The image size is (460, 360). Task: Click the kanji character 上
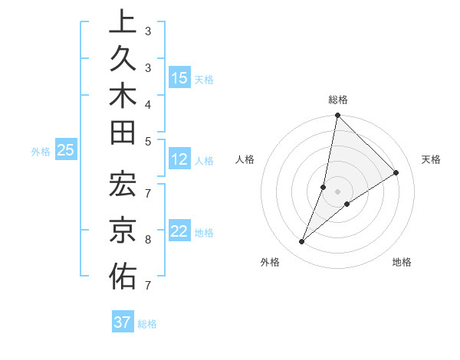[123, 21]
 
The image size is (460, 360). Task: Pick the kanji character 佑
[123, 277]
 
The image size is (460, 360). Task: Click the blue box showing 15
[179, 77]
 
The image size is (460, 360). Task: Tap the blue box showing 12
[179, 159]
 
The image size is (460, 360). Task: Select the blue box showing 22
[179, 232]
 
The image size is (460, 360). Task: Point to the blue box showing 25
[66, 151]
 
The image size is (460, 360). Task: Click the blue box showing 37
[123, 322]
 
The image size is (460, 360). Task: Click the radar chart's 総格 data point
[337, 116]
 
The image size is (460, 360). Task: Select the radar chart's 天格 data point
[396, 173]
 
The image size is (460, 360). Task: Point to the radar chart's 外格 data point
[302, 242]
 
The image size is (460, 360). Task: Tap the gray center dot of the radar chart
[337, 191]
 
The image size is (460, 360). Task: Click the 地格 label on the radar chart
[402, 262]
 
